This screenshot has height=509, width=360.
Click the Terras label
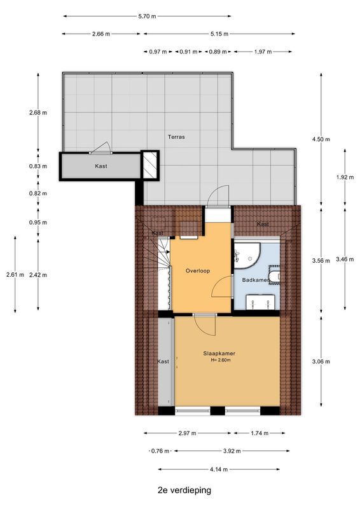pyautogui.click(x=176, y=137)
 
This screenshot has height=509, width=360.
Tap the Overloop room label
pyautogui.click(x=197, y=270)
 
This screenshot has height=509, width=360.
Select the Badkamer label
pyautogui.click(x=253, y=280)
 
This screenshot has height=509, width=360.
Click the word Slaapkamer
pyautogui.click(x=219, y=353)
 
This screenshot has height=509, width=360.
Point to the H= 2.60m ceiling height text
pyautogui.click(x=219, y=361)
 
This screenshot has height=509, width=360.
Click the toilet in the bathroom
pyautogui.click(x=274, y=275)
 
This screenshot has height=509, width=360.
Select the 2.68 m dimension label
pyautogui.click(x=38, y=113)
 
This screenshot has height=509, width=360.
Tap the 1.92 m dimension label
pyautogui.click(x=344, y=178)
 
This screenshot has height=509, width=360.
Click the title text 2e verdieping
pyautogui.click(x=184, y=491)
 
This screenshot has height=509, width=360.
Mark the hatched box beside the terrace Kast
pyautogui.click(x=149, y=167)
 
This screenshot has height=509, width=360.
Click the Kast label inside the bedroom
pyautogui.click(x=163, y=361)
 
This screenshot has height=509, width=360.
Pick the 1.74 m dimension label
pyautogui.click(x=260, y=433)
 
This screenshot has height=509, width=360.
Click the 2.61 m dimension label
pyautogui.click(x=15, y=275)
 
